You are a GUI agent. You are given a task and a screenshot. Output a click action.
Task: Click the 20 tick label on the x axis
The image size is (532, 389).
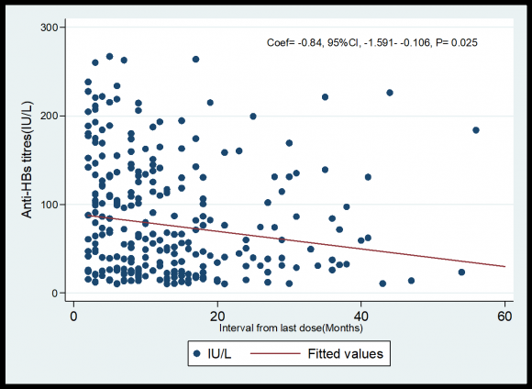(217, 315)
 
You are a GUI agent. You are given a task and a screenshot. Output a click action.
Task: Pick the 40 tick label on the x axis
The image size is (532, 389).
(361, 315)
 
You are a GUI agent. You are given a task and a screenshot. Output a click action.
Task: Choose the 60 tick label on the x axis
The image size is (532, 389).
(504, 315)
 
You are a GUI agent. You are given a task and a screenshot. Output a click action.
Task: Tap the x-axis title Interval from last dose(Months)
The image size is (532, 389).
(290, 327)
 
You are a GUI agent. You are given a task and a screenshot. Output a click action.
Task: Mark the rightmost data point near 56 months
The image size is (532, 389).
(476, 130)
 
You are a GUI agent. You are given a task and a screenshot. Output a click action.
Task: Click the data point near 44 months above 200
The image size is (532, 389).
(390, 93)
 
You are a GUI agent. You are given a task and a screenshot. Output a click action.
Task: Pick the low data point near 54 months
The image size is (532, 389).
(461, 272)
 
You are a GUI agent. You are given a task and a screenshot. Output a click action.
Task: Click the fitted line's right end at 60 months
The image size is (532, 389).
(504, 267)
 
